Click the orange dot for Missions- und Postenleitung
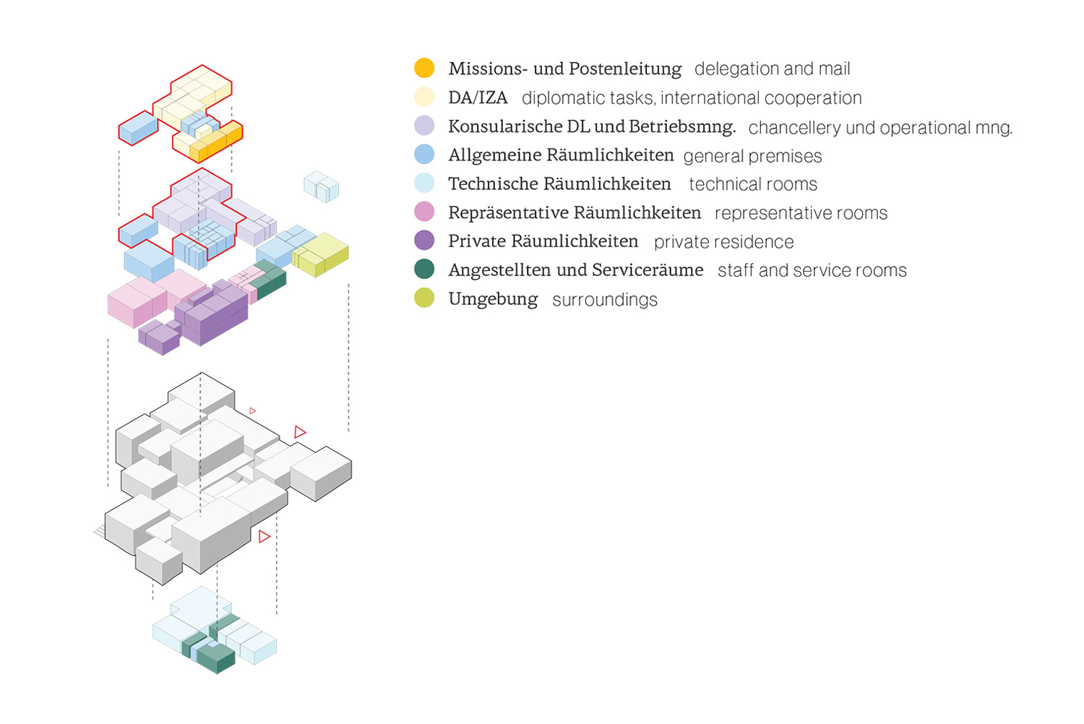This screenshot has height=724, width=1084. (424, 68)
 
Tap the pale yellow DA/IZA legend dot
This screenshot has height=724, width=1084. (424, 97)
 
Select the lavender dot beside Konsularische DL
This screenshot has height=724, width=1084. (424, 126)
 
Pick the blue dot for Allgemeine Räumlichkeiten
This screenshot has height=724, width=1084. (424, 154)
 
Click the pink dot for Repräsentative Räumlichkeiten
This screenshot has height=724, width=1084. (424, 212)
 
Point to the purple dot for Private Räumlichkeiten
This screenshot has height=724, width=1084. (424, 241)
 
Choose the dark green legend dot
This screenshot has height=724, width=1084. (424, 270)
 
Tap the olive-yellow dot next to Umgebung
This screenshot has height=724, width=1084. (424, 298)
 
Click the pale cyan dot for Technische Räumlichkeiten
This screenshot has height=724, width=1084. (424, 183)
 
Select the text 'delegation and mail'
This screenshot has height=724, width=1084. (772, 69)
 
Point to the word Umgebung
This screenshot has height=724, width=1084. (493, 299)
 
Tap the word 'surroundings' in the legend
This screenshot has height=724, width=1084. (605, 300)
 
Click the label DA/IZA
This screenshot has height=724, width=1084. (478, 98)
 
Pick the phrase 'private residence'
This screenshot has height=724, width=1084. (723, 242)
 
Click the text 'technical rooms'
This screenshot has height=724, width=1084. (753, 184)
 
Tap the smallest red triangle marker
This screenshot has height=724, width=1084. (252, 411)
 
